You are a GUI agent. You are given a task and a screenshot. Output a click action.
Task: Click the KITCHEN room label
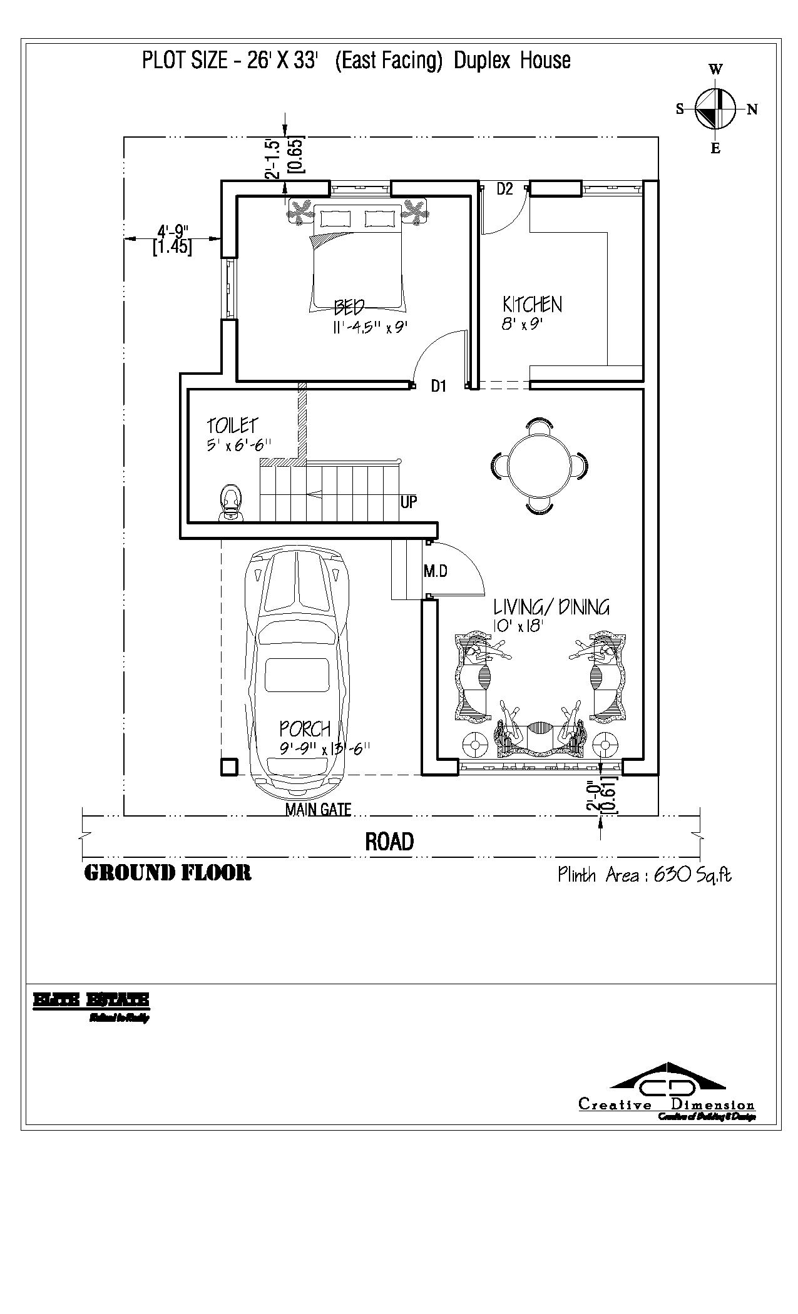tap(532, 305)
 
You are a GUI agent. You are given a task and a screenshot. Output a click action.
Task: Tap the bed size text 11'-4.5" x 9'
tap(371, 328)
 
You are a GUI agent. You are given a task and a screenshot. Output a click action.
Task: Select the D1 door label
tap(438, 387)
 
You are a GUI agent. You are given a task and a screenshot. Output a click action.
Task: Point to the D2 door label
tap(505, 189)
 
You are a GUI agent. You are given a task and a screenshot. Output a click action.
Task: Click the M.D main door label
tap(435, 571)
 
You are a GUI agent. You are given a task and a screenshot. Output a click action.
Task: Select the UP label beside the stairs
tap(408, 502)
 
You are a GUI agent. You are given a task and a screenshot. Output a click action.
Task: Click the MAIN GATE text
tap(318, 810)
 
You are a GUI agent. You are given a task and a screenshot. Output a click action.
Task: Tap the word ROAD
tap(389, 842)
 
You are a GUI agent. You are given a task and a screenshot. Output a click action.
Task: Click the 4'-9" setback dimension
tap(173, 232)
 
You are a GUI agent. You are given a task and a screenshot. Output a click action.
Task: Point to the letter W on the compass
tap(715, 69)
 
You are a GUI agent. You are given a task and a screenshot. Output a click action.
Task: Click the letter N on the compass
tap(752, 110)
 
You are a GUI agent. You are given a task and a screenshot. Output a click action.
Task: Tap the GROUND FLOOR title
tap(168, 873)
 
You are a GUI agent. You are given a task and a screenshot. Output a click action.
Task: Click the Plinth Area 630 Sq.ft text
tap(644, 875)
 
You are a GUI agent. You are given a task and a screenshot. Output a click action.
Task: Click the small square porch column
tap(229, 767)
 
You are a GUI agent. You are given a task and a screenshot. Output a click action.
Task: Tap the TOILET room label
tap(232, 425)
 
